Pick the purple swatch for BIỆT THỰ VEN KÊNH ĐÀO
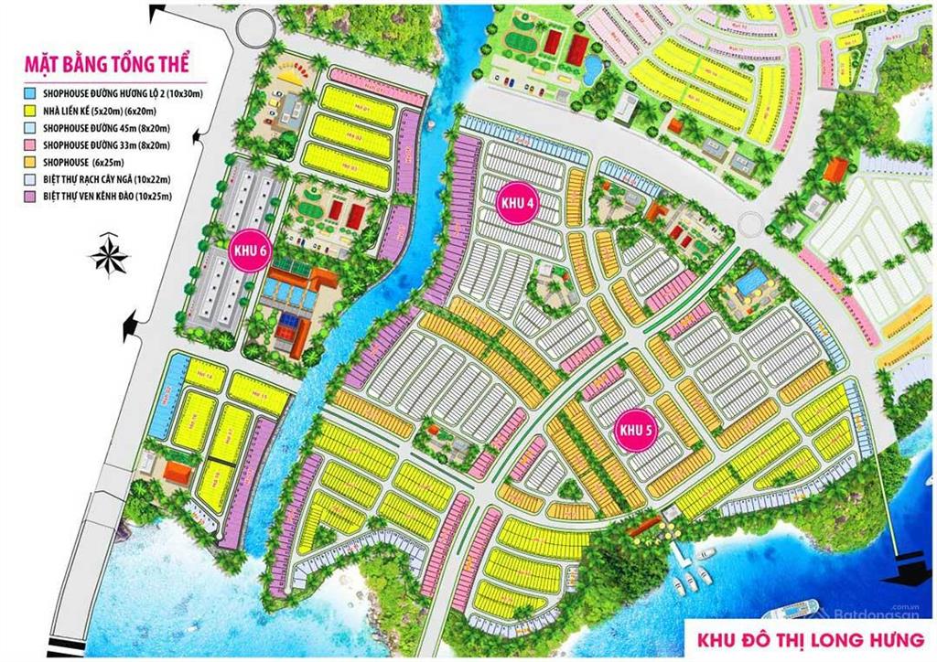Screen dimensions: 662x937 (31, 196)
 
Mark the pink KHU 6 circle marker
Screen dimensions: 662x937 (249, 253)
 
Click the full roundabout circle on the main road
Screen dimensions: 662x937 (750, 224)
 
